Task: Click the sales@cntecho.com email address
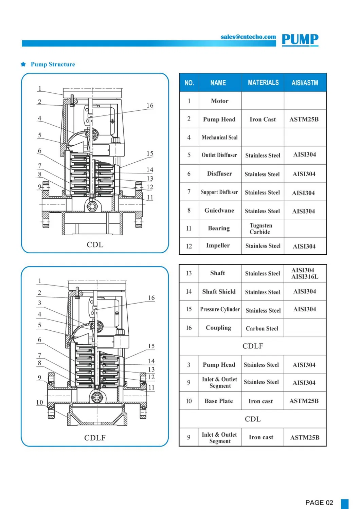coord(248,37)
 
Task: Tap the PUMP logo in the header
coord(300,40)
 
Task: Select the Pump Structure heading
coord(53,64)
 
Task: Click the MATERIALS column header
coord(263,83)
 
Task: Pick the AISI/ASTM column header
coord(305,83)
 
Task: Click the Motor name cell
coord(219,101)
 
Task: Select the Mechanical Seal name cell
coord(219,137)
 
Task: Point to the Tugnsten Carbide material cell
coord(260,229)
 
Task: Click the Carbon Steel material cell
coord(262,328)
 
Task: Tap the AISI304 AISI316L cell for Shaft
coord(305,273)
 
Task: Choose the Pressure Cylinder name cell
coord(220,309)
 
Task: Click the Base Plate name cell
coord(219,401)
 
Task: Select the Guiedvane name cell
coord(219,211)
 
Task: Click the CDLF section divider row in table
coord(253,346)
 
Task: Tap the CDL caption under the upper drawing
coord(95,244)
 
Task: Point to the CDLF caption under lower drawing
coord(95,438)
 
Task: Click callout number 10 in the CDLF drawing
coord(40,402)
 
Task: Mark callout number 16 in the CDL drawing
coord(150,106)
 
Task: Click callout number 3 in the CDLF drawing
coord(40,303)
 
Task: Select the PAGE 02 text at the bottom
coord(319,503)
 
